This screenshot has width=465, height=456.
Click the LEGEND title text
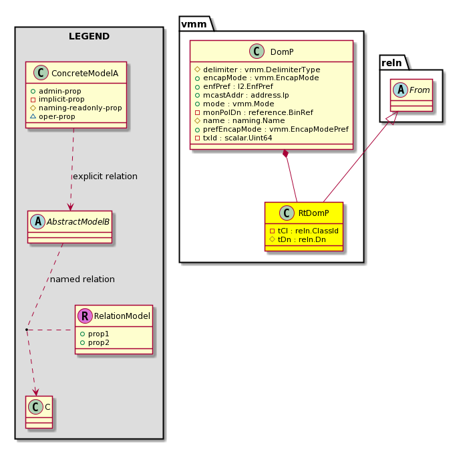90,36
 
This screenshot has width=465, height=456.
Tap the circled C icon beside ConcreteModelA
41,73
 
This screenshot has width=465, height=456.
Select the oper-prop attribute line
53,116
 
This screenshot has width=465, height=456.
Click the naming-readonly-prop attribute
76,108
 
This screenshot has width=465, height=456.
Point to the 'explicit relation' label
105,177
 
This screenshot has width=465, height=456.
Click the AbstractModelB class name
78,222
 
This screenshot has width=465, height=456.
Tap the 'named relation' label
82,279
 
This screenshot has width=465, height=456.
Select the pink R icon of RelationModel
85,316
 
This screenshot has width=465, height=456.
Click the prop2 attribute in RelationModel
95,342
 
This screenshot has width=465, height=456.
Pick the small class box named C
39,412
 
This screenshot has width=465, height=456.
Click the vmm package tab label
194,24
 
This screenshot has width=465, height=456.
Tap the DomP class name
282,52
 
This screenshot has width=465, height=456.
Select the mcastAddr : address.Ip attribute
242,96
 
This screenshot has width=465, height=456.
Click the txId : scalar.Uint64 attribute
233,138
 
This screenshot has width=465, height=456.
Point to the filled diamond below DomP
285,154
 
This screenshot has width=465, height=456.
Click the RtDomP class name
314,213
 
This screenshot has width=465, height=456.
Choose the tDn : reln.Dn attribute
297,239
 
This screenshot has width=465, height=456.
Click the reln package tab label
392,63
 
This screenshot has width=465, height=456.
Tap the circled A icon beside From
401,90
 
